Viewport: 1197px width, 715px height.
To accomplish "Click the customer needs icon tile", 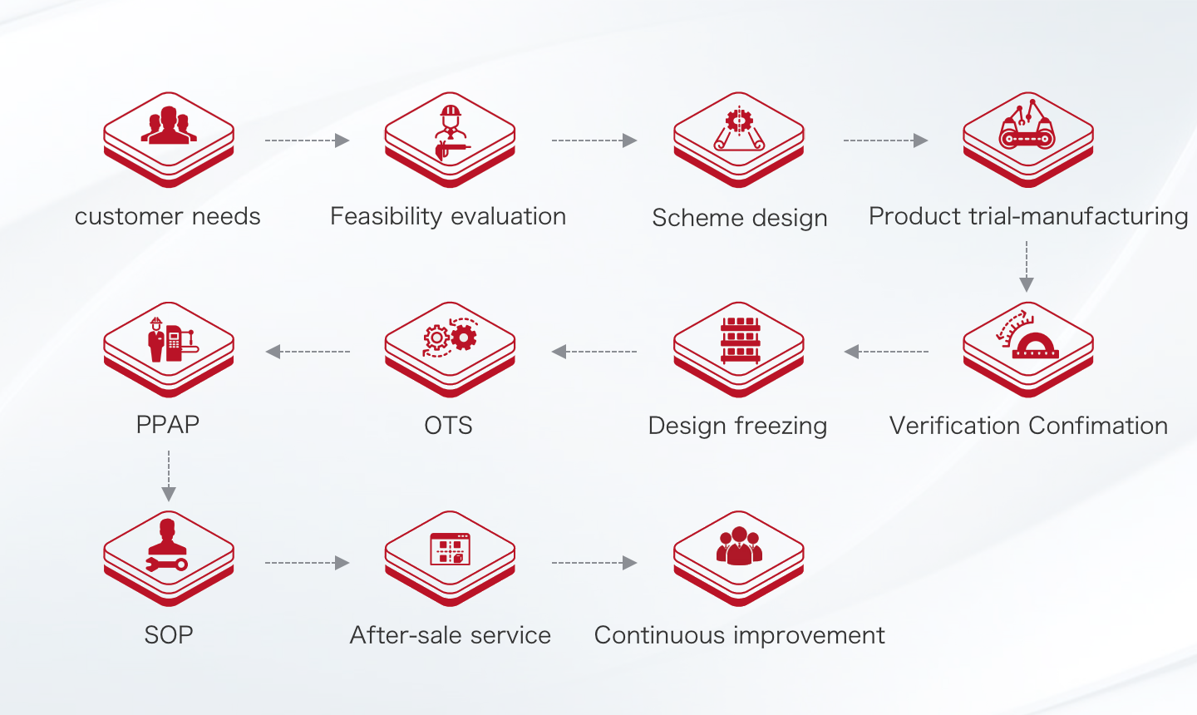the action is tap(169, 140).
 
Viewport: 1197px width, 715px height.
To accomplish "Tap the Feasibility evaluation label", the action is tap(448, 216).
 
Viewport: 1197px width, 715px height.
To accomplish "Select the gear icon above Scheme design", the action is tap(739, 121).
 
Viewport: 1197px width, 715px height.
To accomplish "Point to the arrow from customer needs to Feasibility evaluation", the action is tap(308, 141).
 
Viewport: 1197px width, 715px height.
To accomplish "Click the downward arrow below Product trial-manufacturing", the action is tap(1027, 267).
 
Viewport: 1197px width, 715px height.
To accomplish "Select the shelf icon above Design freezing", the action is tap(740, 340).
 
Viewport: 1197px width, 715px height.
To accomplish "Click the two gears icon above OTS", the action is tap(450, 338).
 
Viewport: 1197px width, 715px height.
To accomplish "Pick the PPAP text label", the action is tap(168, 425).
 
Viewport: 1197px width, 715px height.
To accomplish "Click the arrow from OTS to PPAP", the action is tap(308, 352).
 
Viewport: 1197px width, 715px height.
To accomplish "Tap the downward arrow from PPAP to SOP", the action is tap(169, 476).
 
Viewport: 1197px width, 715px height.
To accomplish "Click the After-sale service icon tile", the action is tap(450, 559).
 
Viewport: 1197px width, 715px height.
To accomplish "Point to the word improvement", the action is tap(809, 636).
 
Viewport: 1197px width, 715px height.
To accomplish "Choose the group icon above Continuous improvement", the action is tap(740, 545).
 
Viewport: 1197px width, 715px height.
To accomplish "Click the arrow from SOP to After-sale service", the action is tap(308, 563).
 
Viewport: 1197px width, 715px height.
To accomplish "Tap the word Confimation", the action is tap(1098, 426).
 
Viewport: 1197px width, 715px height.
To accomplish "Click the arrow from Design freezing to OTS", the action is tap(594, 352).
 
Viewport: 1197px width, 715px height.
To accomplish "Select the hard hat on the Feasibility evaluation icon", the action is tap(451, 111).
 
